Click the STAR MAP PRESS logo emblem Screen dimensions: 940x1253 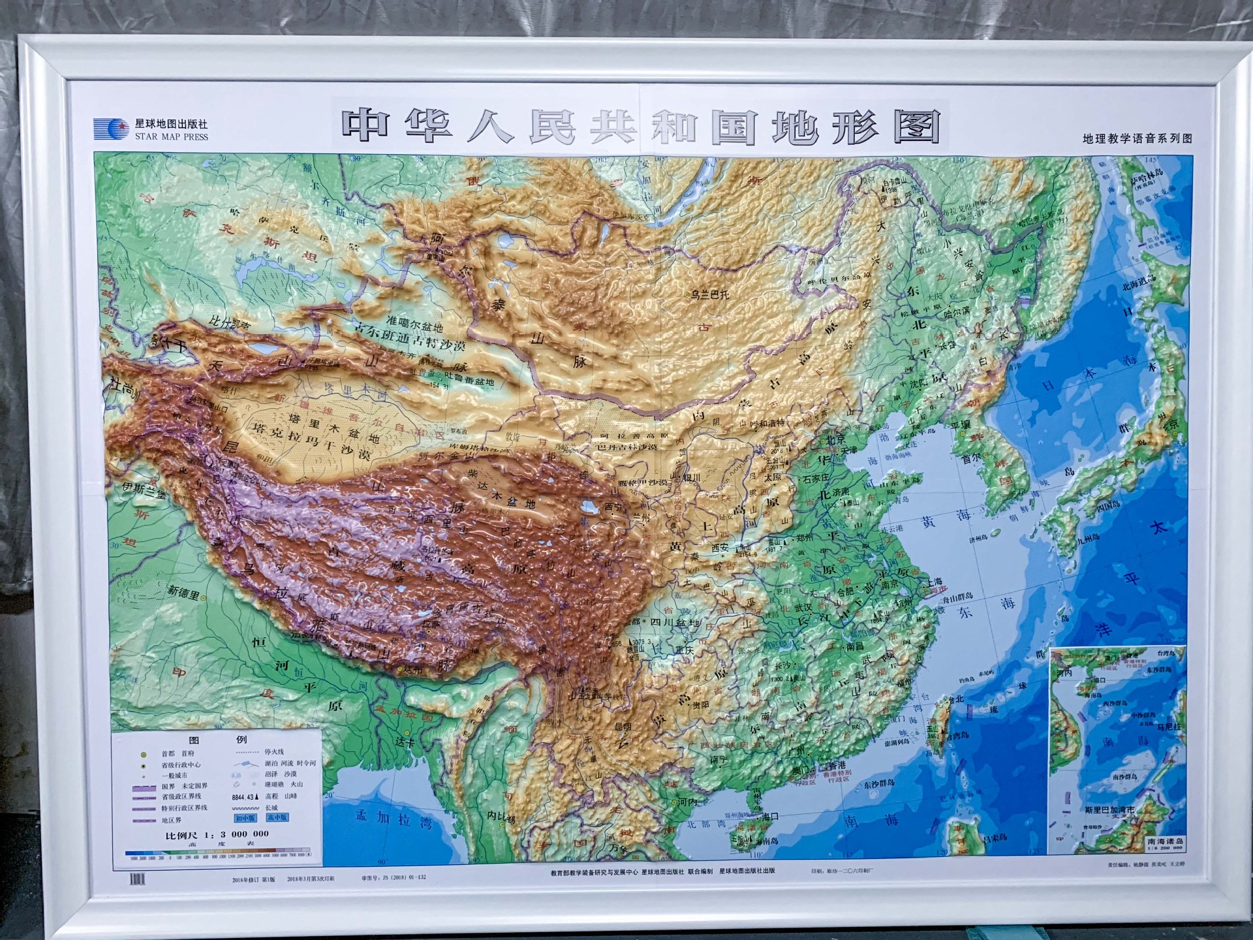tap(111, 129)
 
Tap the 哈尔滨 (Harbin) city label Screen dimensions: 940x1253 tap(957, 313)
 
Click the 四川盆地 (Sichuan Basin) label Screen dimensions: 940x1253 tap(674, 622)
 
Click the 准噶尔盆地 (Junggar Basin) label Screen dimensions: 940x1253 tap(414, 321)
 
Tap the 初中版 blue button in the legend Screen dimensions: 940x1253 tap(245, 817)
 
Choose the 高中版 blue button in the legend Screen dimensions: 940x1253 tap(277, 817)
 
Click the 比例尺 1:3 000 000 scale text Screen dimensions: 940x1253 tap(217, 834)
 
